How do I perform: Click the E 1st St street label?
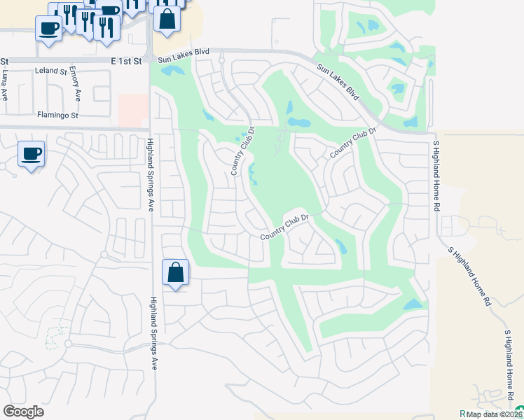[x=126, y=61]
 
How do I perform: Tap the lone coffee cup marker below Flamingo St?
[x=31, y=154]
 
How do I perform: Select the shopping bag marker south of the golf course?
[x=175, y=272]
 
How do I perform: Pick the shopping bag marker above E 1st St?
[x=167, y=20]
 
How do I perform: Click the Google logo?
[x=23, y=412]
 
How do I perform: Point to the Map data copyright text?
[x=495, y=414]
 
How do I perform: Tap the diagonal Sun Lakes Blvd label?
[x=338, y=83]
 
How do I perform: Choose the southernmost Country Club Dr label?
[x=285, y=227]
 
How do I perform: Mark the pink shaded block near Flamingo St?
[x=133, y=111]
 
